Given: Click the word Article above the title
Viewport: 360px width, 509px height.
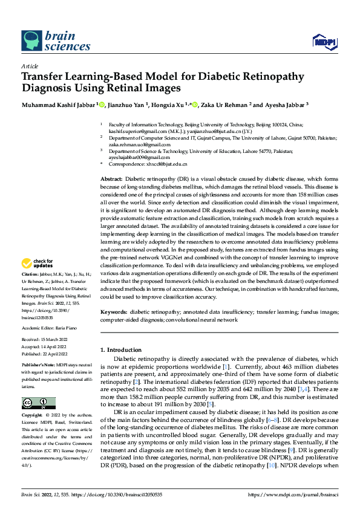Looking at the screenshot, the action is (x=30, y=66).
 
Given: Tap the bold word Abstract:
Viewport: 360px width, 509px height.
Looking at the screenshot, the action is (x=111, y=180).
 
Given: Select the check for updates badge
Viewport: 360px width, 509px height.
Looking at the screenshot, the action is (x=36, y=264).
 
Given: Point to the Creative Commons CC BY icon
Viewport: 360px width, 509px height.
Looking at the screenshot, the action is (x=39, y=403).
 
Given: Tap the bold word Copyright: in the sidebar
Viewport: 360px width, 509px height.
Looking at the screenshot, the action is (x=32, y=416).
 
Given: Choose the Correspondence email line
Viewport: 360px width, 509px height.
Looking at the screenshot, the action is (x=149, y=164).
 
